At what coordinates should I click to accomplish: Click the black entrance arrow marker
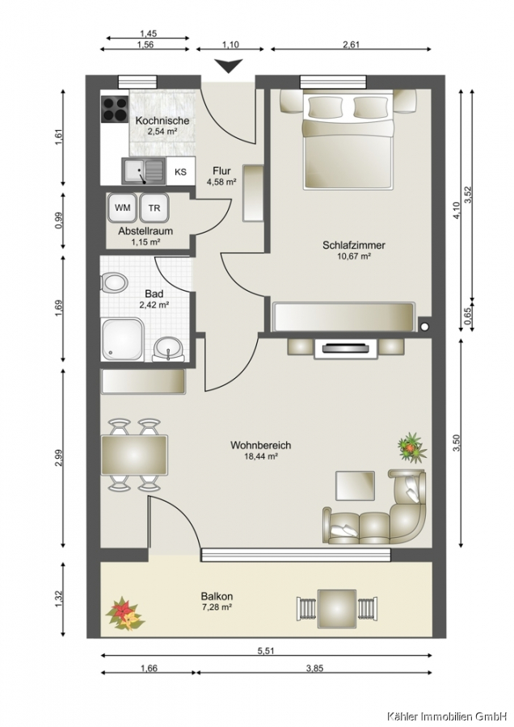(x=230, y=66)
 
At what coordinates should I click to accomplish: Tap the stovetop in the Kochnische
(x=115, y=109)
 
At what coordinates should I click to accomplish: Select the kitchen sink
(x=144, y=170)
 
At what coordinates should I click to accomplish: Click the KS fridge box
(x=180, y=171)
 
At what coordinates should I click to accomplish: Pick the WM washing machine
(x=122, y=208)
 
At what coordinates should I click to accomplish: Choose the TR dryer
(x=154, y=208)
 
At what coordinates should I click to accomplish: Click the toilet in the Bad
(x=114, y=283)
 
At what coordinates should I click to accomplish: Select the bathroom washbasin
(x=168, y=349)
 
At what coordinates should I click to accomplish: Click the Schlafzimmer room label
(x=354, y=246)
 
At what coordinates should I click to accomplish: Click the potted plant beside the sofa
(x=412, y=447)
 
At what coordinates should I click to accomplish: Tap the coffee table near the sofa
(x=356, y=485)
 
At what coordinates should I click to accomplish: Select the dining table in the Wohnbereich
(x=134, y=455)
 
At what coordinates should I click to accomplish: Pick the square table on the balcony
(x=337, y=608)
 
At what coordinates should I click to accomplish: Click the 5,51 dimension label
(x=266, y=650)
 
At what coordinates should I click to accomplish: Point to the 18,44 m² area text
(x=261, y=456)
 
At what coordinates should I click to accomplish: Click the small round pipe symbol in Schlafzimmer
(x=424, y=326)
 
